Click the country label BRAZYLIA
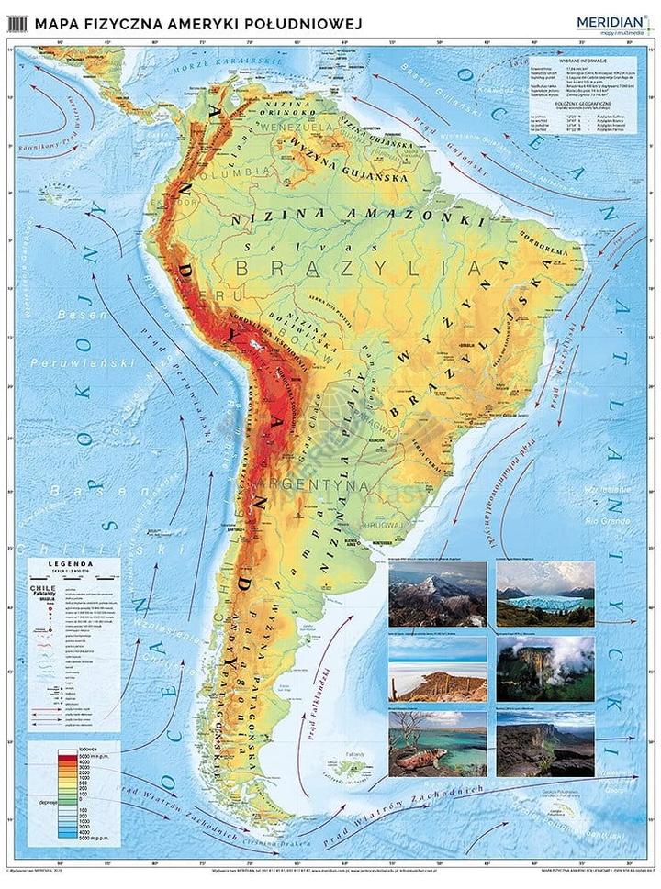click(x=359, y=268)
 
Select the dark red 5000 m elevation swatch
click(x=65, y=757)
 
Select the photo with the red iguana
click(x=437, y=743)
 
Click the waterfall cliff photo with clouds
click(x=545, y=669)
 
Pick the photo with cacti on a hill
click(x=437, y=669)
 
